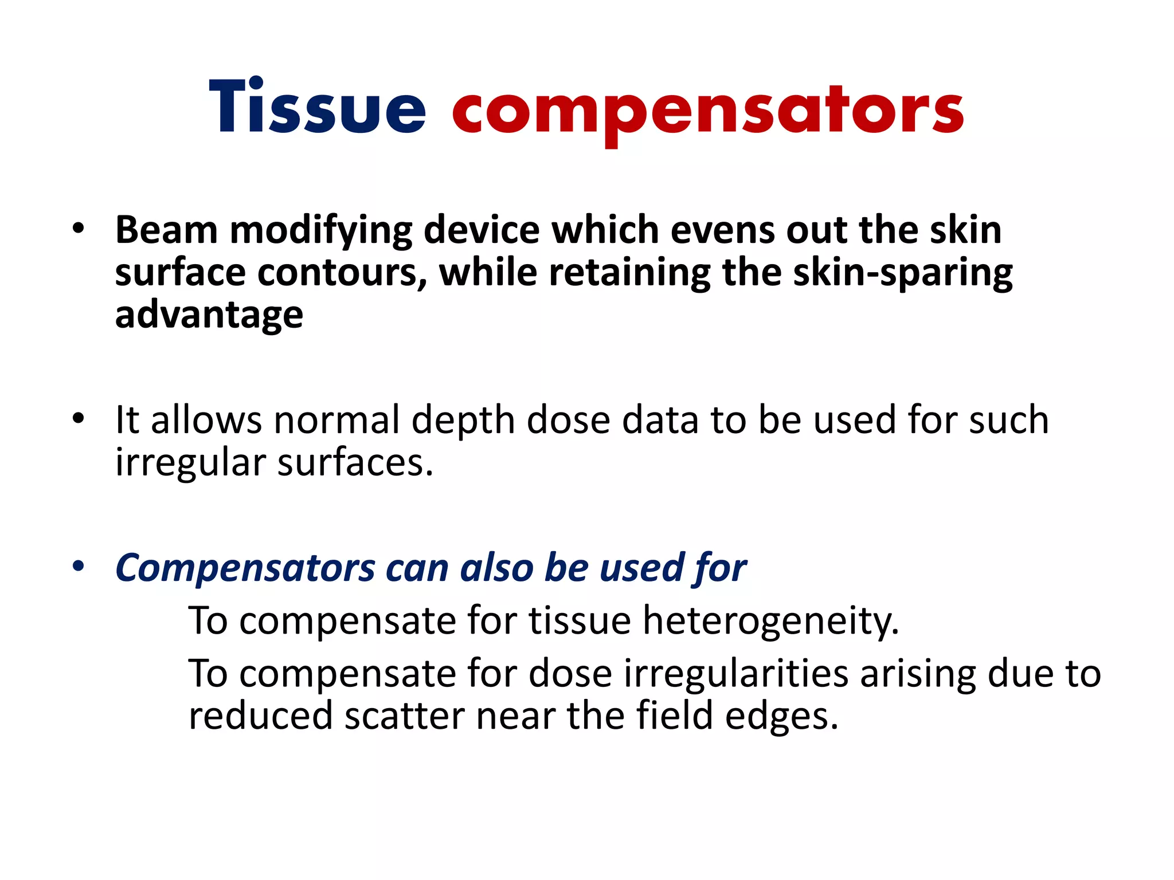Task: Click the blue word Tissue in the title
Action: pos(317,108)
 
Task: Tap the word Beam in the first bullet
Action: pos(166,230)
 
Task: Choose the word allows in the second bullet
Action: pos(206,420)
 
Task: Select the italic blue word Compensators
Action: pos(245,569)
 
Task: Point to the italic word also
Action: pos(497,568)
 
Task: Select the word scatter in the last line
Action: pos(404,716)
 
